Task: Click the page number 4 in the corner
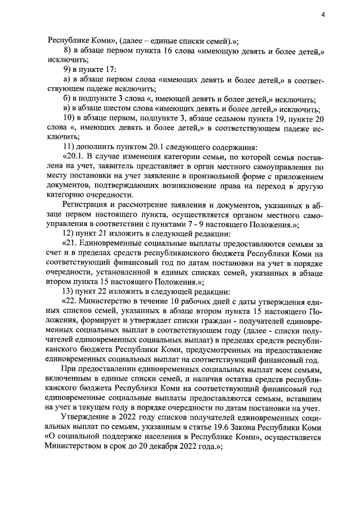tap(323, 15)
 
